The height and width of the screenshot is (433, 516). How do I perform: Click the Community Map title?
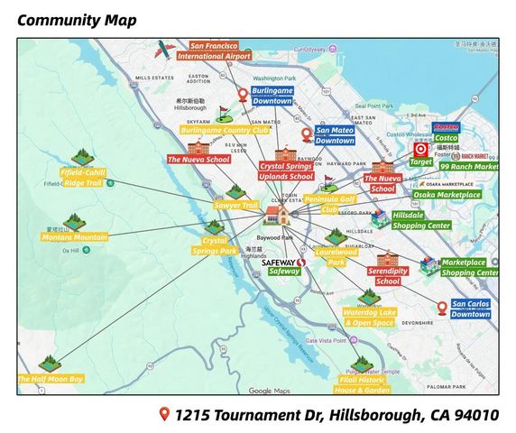77,20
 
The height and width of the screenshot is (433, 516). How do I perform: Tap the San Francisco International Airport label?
214,51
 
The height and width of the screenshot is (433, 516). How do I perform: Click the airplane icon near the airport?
163,50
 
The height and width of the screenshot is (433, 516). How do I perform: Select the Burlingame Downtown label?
272,96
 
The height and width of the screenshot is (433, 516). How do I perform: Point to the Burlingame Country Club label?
225,130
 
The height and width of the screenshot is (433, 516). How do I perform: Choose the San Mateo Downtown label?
335,135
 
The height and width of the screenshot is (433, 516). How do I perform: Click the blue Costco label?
446,138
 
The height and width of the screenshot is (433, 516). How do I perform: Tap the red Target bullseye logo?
419,150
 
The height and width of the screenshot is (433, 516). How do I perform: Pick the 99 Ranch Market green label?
468,167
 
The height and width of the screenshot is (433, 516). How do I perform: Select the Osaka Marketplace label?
447,194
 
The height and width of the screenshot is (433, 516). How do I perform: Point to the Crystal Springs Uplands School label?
286,171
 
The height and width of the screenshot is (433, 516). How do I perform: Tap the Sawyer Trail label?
236,205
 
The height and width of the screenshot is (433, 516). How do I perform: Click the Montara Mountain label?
74,237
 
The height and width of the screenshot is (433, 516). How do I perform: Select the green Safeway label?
284,271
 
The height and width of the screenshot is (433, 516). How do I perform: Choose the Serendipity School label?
388,275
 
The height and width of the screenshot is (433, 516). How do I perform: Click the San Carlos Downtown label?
470,309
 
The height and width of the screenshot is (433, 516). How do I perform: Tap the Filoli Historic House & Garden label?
364,385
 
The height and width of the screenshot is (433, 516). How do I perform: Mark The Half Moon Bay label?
51,379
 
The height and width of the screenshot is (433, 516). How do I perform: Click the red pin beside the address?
164,414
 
